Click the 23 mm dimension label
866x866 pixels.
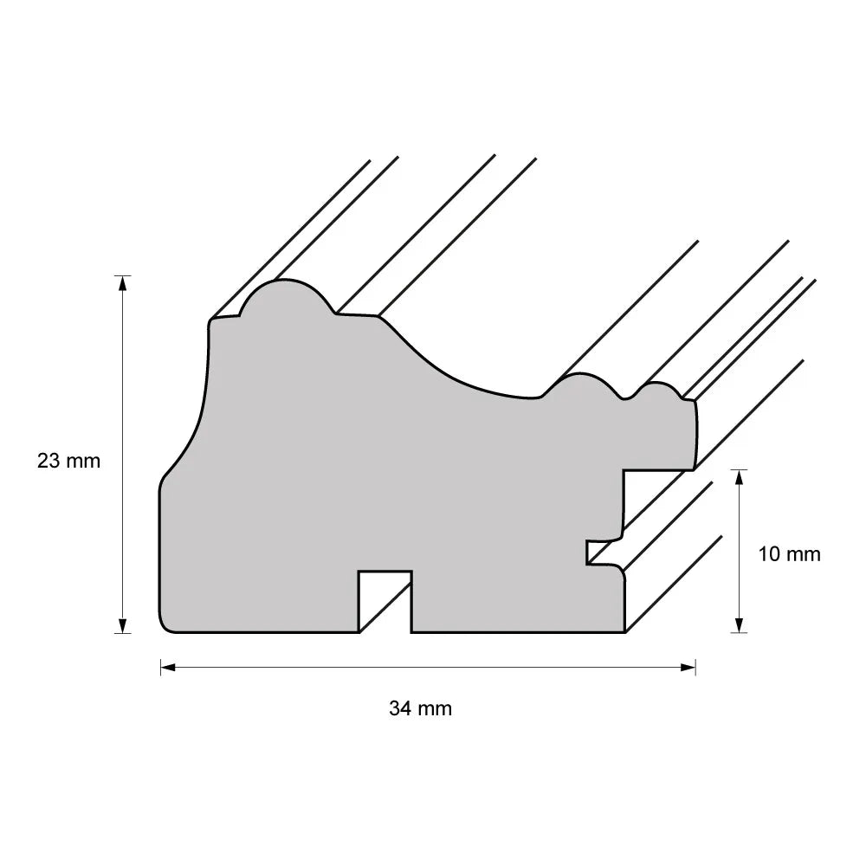click(69, 461)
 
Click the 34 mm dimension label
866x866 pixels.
click(420, 708)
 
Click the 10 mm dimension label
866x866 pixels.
click(789, 554)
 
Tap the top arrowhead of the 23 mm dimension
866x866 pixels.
click(123, 283)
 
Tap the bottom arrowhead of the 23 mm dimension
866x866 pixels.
click(123, 626)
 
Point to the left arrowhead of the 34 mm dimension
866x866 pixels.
click(168, 667)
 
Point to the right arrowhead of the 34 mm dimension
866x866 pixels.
click(688, 667)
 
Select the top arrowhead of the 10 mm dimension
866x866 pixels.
click(739, 477)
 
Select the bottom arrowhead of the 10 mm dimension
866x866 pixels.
click(739, 625)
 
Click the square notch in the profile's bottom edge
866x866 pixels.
click(385, 602)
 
